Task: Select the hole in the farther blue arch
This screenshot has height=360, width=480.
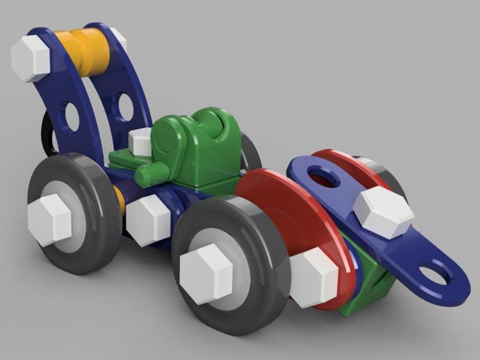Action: (x=125, y=107)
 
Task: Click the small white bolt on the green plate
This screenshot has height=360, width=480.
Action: (x=140, y=142)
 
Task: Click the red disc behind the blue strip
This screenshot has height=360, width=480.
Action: (x=348, y=165)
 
